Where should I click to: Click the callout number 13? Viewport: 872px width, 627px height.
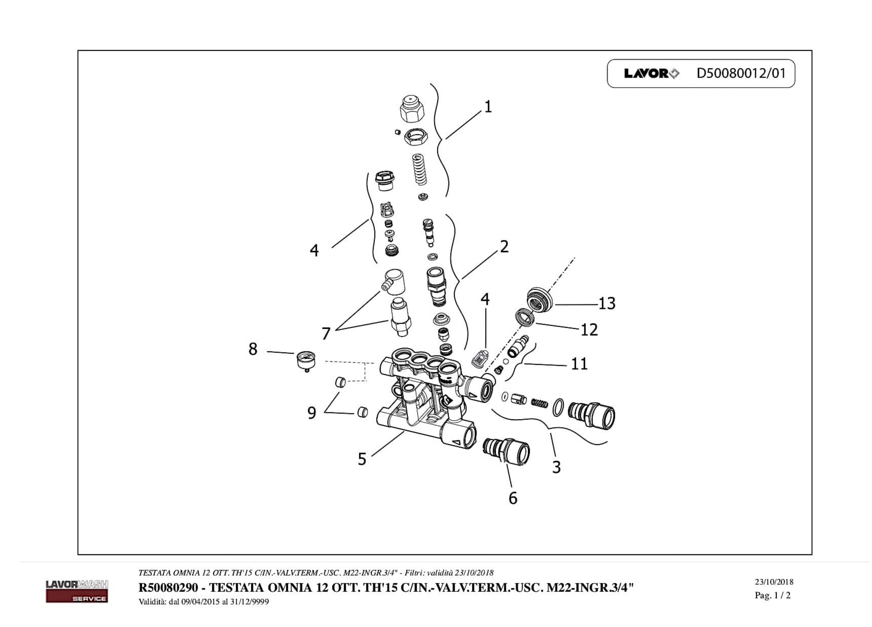(607, 304)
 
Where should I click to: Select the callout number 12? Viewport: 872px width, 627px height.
(589, 330)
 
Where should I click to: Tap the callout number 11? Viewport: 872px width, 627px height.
(579, 364)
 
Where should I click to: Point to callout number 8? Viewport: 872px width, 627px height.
(253, 349)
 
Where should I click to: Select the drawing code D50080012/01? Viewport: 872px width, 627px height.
(741, 73)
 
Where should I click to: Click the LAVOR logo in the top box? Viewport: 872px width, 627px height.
(651, 73)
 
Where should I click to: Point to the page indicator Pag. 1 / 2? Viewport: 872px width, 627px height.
(772, 595)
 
